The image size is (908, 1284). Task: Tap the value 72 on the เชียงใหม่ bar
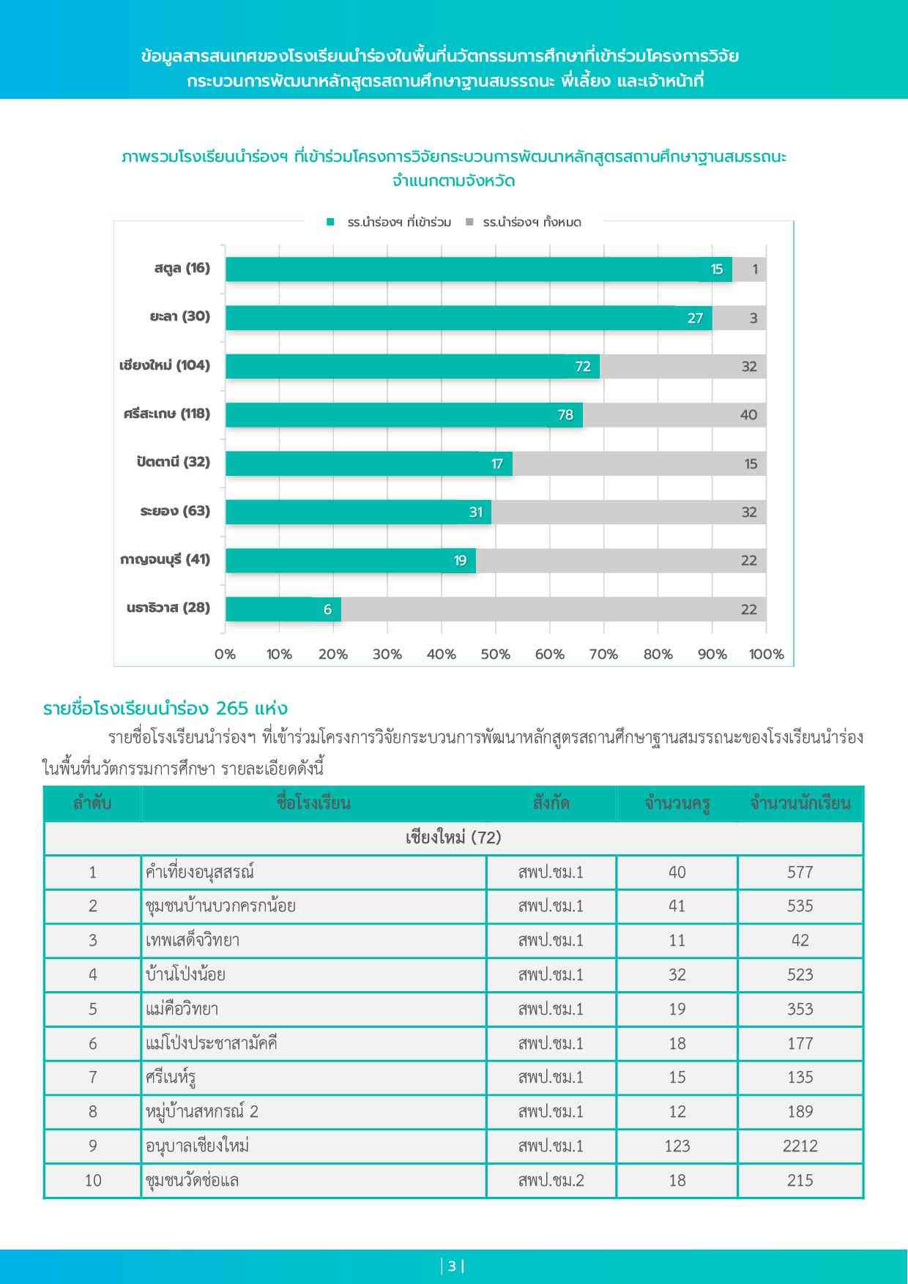point(583,367)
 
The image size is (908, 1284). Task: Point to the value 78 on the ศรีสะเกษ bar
point(565,415)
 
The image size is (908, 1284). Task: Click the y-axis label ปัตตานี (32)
point(173,462)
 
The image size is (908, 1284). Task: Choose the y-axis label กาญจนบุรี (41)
point(165,559)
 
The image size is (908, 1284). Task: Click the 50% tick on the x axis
point(495,654)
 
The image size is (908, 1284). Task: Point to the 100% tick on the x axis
point(766,654)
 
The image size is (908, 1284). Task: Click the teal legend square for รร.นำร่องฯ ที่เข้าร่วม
point(331,222)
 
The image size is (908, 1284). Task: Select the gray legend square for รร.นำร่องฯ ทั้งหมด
point(469,222)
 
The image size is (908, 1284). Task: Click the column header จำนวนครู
point(677,804)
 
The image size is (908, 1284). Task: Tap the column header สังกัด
point(551,803)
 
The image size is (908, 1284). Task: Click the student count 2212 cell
point(800,1146)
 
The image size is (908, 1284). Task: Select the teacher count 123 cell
point(677,1146)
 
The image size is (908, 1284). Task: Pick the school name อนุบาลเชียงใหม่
point(198,1146)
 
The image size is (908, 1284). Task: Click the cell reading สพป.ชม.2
point(551,1180)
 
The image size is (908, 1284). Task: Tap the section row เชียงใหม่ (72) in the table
point(453,837)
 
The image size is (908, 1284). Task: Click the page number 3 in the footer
point(453,1266)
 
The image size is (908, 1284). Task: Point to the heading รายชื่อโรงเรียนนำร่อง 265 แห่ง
point(165,709)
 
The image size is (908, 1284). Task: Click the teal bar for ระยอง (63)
point(358,512)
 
